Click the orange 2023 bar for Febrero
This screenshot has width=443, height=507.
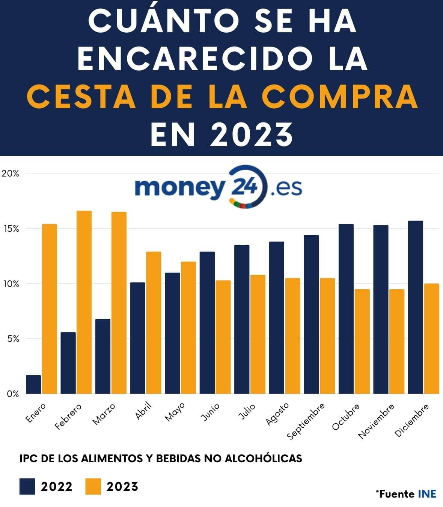[84, 302]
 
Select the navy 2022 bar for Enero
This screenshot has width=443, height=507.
[33, 384]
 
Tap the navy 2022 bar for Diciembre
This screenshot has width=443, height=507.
[415, 307]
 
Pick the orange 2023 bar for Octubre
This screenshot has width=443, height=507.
[362, 341]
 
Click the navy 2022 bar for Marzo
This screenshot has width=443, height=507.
[103, 356]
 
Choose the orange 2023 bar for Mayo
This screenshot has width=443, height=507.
[188, 327]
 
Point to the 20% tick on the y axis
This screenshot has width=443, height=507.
[10, 174]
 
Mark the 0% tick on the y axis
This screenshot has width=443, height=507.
[12, 394]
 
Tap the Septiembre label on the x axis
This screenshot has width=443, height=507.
[306, 421]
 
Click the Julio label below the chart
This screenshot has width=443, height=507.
[247, 411]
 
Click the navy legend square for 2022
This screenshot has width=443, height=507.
[27, 486]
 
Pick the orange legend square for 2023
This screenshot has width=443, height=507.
[93, 486]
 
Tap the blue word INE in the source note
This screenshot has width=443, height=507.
[427, 494]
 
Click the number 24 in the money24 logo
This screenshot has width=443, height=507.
[245, 186]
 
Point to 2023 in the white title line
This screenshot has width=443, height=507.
[251, 134]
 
